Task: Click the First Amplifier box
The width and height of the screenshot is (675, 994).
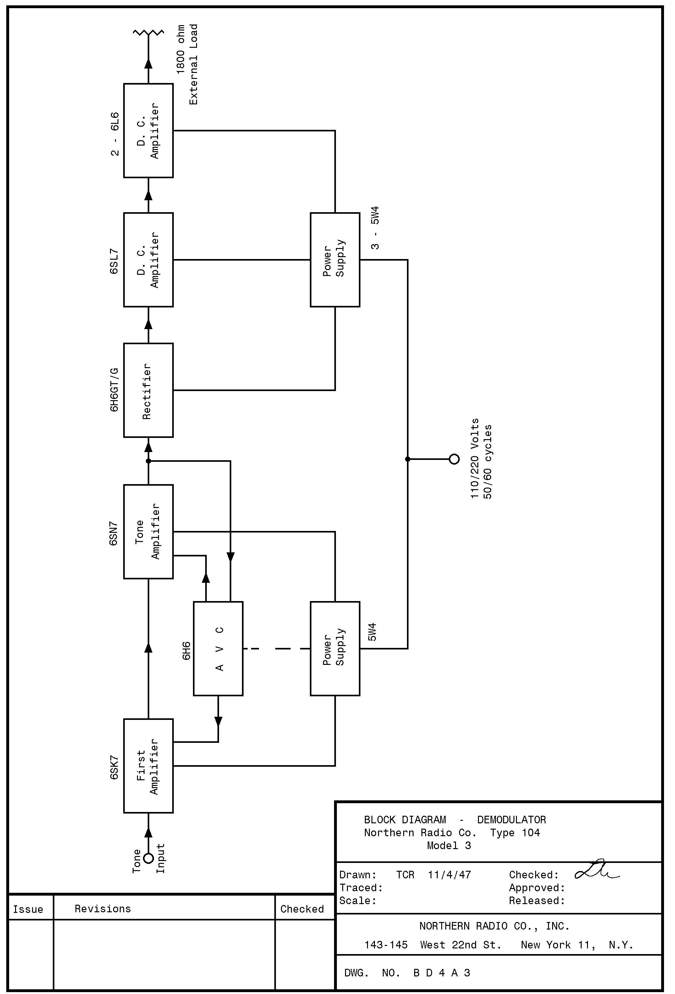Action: pyautogui.click(x=148, y=765)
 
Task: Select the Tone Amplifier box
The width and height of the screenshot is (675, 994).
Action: pyautogui.click(x=148, y=531)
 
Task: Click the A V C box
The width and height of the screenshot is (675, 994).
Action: pyautogui.click(x=218, y=649)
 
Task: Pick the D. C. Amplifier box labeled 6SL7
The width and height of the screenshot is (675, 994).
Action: pyautogui.click(x=148, y=260)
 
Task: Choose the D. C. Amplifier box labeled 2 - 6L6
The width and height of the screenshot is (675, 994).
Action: pyautogui.click(x=148, y=130)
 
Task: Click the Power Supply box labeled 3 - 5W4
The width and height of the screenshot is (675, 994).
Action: pyautogui.click(x=335, y=260)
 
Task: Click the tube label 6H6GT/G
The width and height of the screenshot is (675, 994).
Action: pyautogui.click(x=114, y=389)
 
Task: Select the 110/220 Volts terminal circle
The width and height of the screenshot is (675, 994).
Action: pyautogui.click(x=454, y=459)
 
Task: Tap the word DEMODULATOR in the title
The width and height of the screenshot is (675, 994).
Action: pyautogui.click(x=511, y=820)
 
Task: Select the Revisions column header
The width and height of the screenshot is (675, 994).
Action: pyautogui.click(x=102, y=909)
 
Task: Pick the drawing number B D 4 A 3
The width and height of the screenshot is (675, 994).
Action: pyautogui.click(x=442, y=973)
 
